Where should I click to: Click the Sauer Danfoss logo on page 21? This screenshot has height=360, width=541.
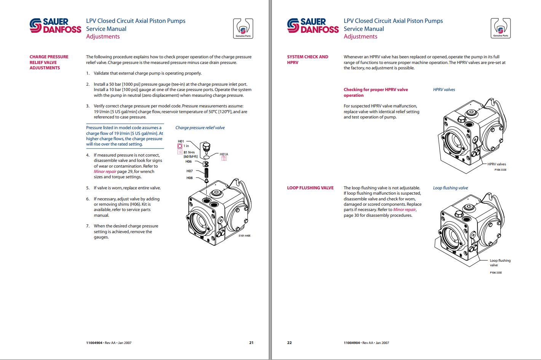[x=55, y=26]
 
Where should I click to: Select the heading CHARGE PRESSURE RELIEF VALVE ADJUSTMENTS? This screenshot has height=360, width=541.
[x=49, y=62]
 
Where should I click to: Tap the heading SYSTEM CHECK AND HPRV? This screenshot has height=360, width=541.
[x=307, y=59]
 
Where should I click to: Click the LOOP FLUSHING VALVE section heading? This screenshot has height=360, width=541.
[x=310, y=188]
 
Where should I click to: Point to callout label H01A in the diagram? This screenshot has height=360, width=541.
[x=224, y=154]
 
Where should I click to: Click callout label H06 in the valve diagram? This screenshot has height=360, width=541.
[x=188, y=162]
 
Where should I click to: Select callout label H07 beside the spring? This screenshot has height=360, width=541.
[x=189, y=171]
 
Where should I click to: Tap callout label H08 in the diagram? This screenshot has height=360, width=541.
[x=189, y=178]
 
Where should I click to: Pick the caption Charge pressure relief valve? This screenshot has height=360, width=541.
[x=200, y=128]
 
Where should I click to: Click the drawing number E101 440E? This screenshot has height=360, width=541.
[x=244, y=236]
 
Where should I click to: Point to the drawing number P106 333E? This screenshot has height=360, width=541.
[x=500, y=170]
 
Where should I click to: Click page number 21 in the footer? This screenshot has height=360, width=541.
[x=251, y=342]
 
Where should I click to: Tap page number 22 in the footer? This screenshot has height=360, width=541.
[x=289, y=342]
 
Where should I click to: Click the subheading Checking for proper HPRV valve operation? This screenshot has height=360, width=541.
[x=375, y=93]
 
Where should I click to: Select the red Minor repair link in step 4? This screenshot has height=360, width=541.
[x=105, y=171]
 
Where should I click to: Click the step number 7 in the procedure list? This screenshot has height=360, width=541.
[x=88, y=226]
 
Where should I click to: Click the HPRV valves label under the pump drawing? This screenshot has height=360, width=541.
[x=496, y=164]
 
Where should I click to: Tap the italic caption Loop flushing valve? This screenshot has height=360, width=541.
[x=450, y=188]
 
